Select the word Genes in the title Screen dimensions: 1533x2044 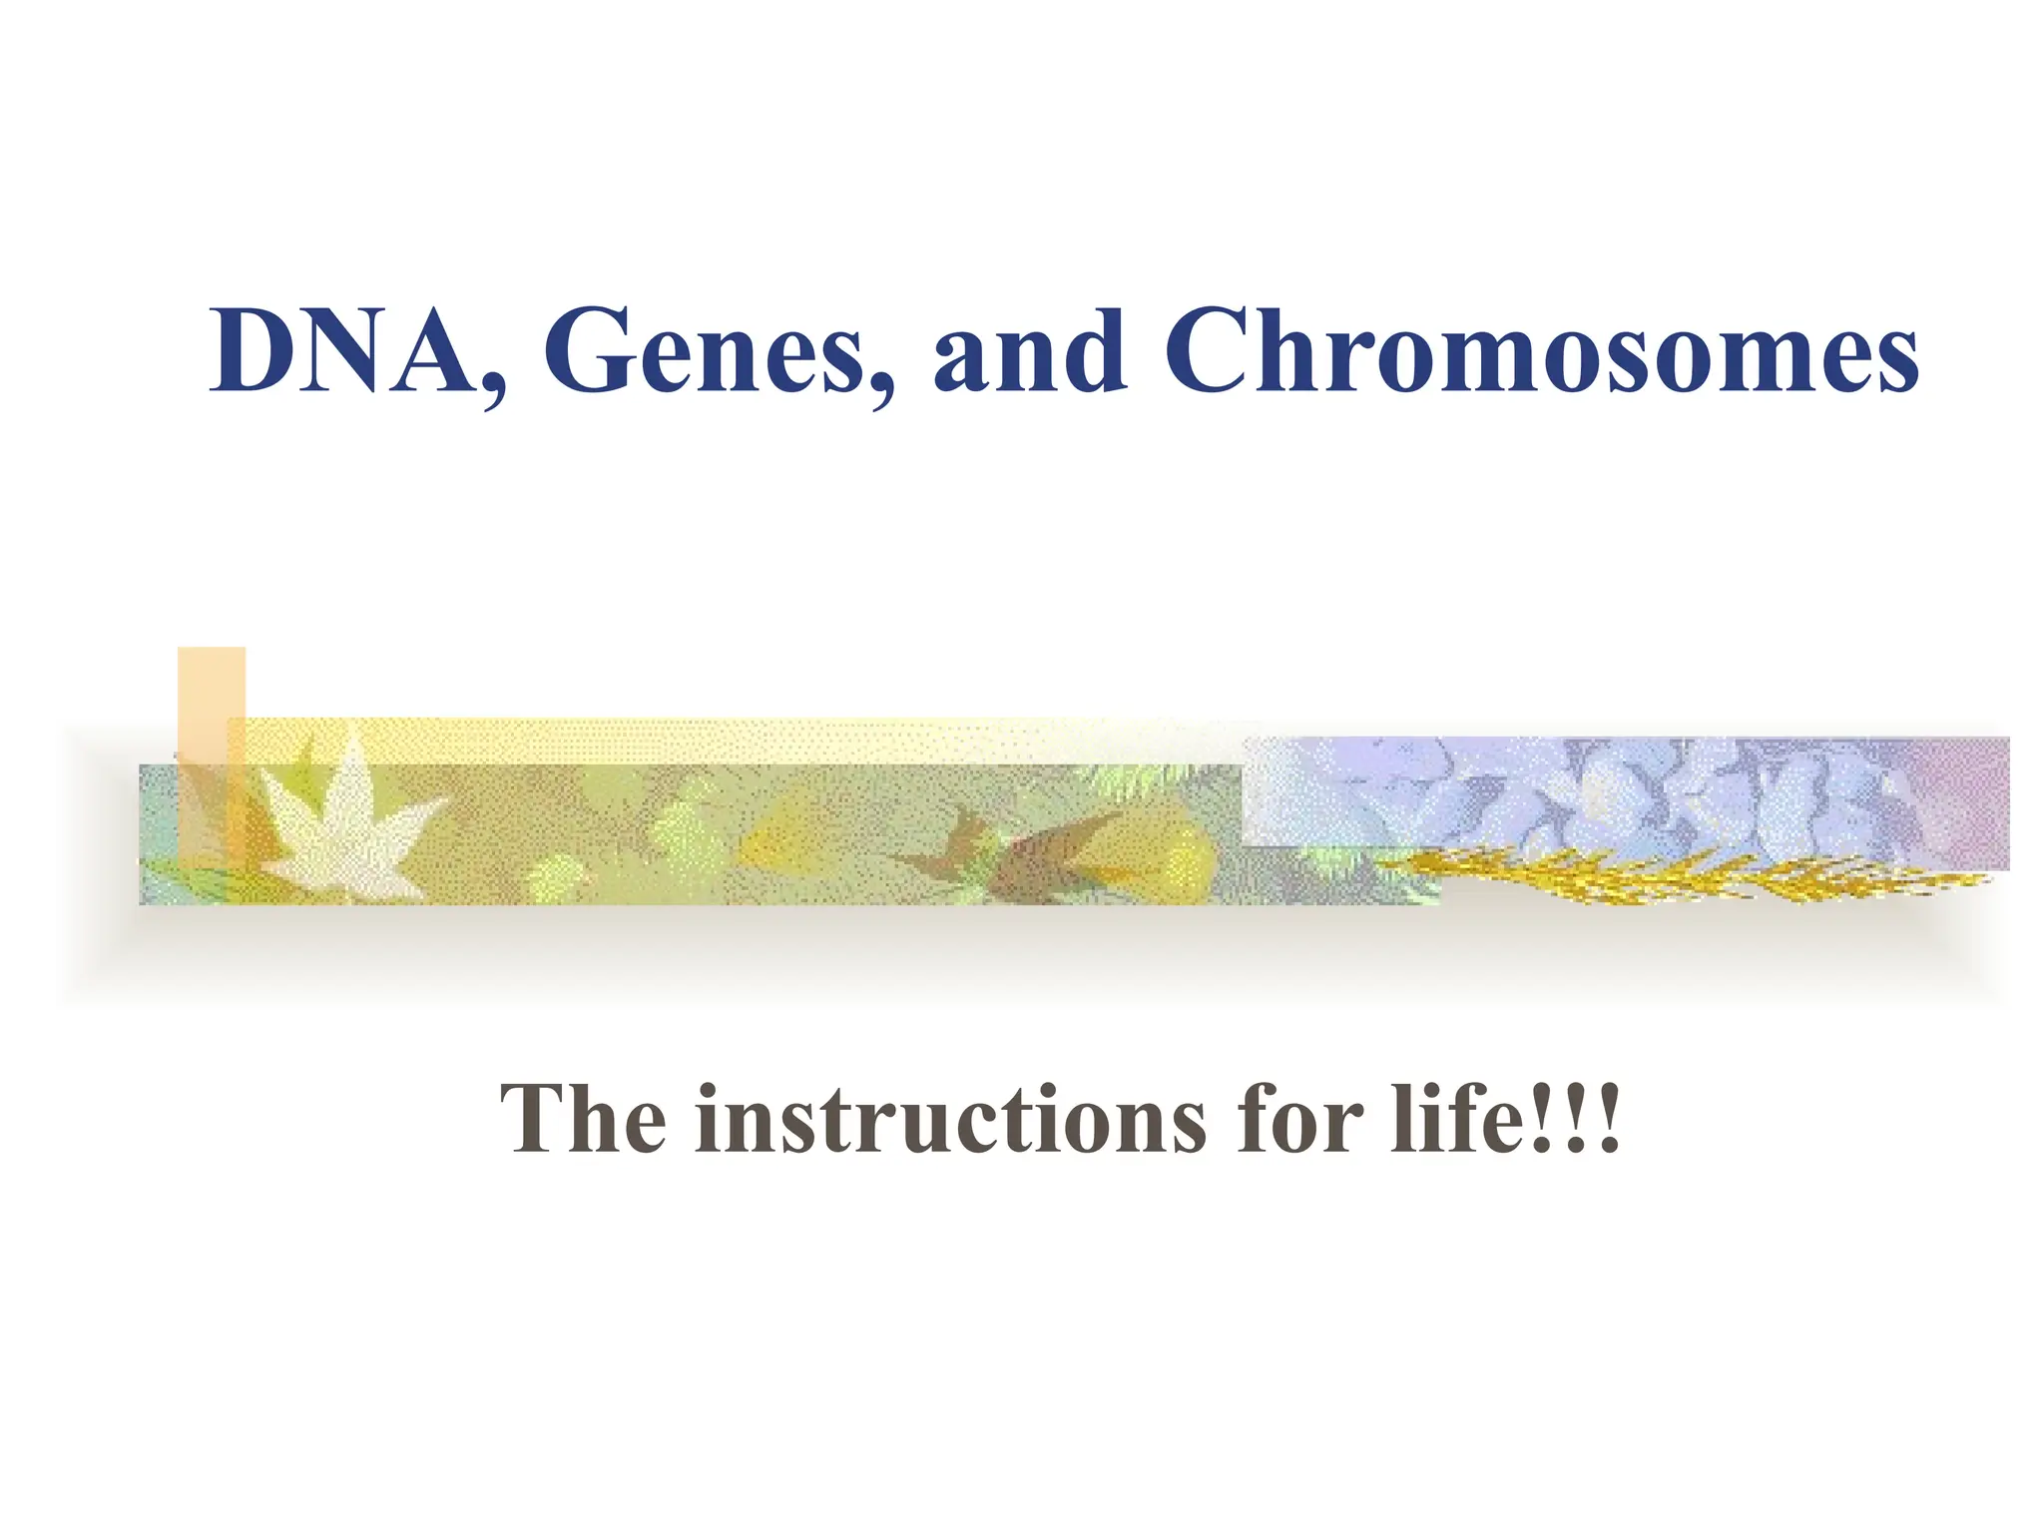(x=704, y=351)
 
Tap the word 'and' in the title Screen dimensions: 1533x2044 (x=1030, y=351)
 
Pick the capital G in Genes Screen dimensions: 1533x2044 (x=589, y=351)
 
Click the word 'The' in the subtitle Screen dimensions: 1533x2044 (x=583, y=1120)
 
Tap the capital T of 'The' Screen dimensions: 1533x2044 (x=534, y=1120)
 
